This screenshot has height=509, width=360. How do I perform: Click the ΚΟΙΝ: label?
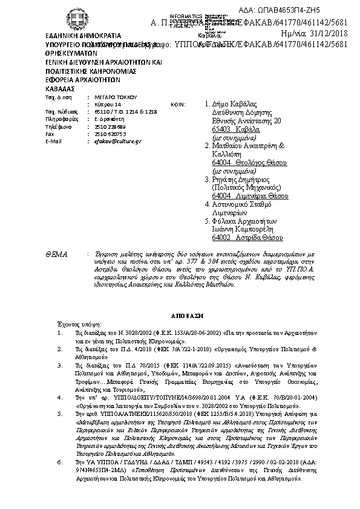[x=177, y=104]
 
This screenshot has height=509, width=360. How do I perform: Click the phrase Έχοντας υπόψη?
[x=73, y=324]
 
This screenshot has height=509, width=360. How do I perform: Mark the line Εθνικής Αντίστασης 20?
[x=246, y=121]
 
